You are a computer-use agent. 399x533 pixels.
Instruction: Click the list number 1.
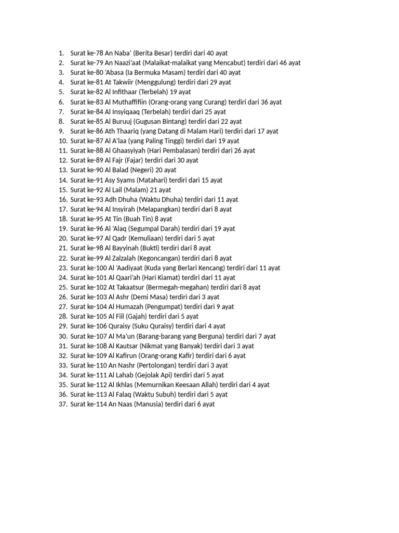[61, 53]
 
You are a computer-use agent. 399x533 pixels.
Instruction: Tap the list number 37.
[63, 404]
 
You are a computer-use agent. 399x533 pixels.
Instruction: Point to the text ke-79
[95, 63]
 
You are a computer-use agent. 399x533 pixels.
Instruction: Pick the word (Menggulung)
[156, 82]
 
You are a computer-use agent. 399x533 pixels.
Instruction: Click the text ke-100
[97, 268]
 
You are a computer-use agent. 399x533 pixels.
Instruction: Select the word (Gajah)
[137, 316]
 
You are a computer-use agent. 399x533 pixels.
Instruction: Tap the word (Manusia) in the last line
[148, 404]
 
